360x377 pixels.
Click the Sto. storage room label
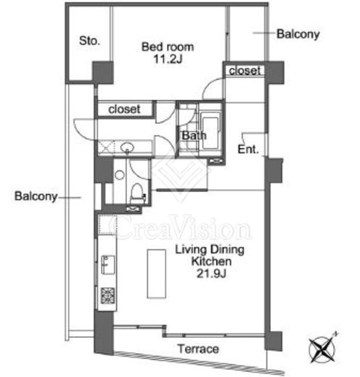89,41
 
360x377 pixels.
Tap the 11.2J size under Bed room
168,59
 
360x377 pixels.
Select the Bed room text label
168,47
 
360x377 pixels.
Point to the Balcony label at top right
298,34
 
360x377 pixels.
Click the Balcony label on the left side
36,196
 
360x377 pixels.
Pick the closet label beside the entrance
245,70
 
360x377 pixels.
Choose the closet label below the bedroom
124,109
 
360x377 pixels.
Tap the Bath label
194,136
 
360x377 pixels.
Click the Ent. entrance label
248,149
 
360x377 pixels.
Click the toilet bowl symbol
137,193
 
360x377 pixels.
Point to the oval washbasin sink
127,146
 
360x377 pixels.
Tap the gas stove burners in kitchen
107,295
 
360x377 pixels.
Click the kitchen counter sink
107,265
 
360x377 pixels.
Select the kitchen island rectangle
157,274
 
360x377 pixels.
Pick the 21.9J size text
211,274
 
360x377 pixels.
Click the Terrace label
198,349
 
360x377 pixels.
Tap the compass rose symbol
322,348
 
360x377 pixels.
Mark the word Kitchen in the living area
211,262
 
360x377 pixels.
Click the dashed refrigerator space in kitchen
107,225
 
